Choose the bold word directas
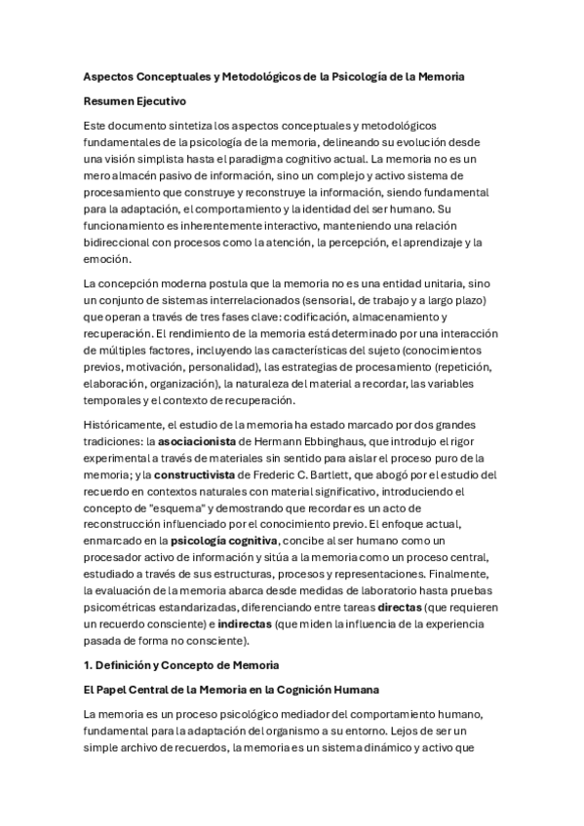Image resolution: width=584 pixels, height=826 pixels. tap(403, 606)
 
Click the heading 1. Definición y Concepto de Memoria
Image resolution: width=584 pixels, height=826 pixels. tap(181, 663)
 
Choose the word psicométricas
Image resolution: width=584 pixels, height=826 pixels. tap(126, 606)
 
